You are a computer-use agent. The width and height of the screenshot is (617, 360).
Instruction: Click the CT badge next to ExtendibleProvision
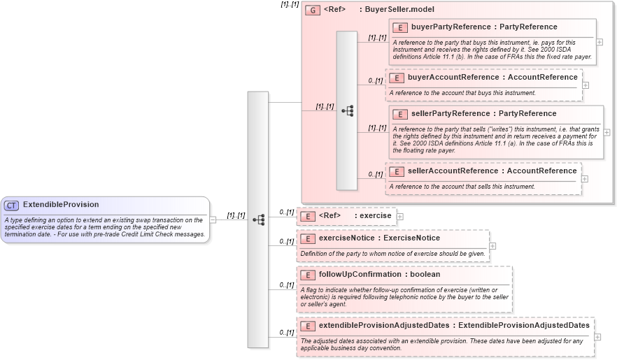click(x=11, y=206)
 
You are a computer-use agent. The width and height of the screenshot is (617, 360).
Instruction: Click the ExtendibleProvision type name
click(x=61, y=205)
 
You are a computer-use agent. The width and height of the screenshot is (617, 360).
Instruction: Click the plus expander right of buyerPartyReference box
click(x=600, y=42)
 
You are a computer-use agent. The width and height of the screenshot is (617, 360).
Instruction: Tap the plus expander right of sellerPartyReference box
click(x=607, y=132)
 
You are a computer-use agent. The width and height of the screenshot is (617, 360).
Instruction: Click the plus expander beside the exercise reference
click(x=400, y=217)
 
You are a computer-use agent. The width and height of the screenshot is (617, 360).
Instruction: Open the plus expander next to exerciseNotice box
click(x=493, y=246)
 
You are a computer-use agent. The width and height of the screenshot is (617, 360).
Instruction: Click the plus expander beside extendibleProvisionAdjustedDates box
click(x=597, y=337)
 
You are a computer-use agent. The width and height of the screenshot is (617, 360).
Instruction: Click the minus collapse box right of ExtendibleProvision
click(x=213, y=219)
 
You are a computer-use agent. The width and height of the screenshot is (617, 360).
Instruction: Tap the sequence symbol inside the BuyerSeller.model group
click(x=347, y=110)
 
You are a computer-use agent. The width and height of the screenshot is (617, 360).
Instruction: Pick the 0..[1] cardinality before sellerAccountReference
click(x=376, y=174)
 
